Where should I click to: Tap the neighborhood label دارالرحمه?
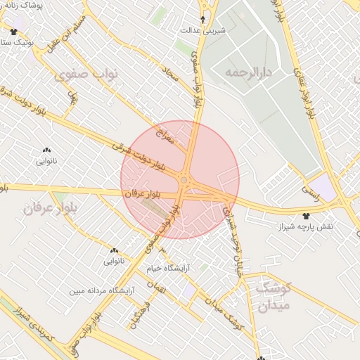pos(247,72)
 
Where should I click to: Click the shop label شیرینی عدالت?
pos(203,30)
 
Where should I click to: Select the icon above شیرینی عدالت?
pos(204,20)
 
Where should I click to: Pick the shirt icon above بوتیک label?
pos(13,32)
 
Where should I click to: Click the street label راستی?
pos(310,190)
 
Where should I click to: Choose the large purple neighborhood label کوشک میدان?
pos(274,296)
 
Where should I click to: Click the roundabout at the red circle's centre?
pos(184,181)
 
